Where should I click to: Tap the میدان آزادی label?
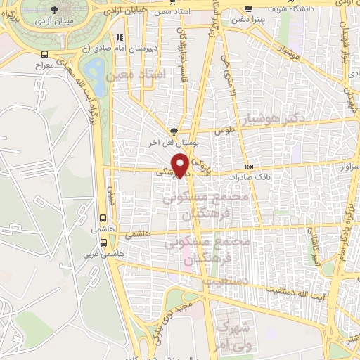[x=55, y=22]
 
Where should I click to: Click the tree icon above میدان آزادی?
[x=55, y=9]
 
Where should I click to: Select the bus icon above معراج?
[x=45, y=53]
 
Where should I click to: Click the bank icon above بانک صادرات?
[x=249, y=167]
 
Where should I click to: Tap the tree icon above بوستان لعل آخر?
[x=174, y=130]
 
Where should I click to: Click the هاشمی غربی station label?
[x=104, y=253]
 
